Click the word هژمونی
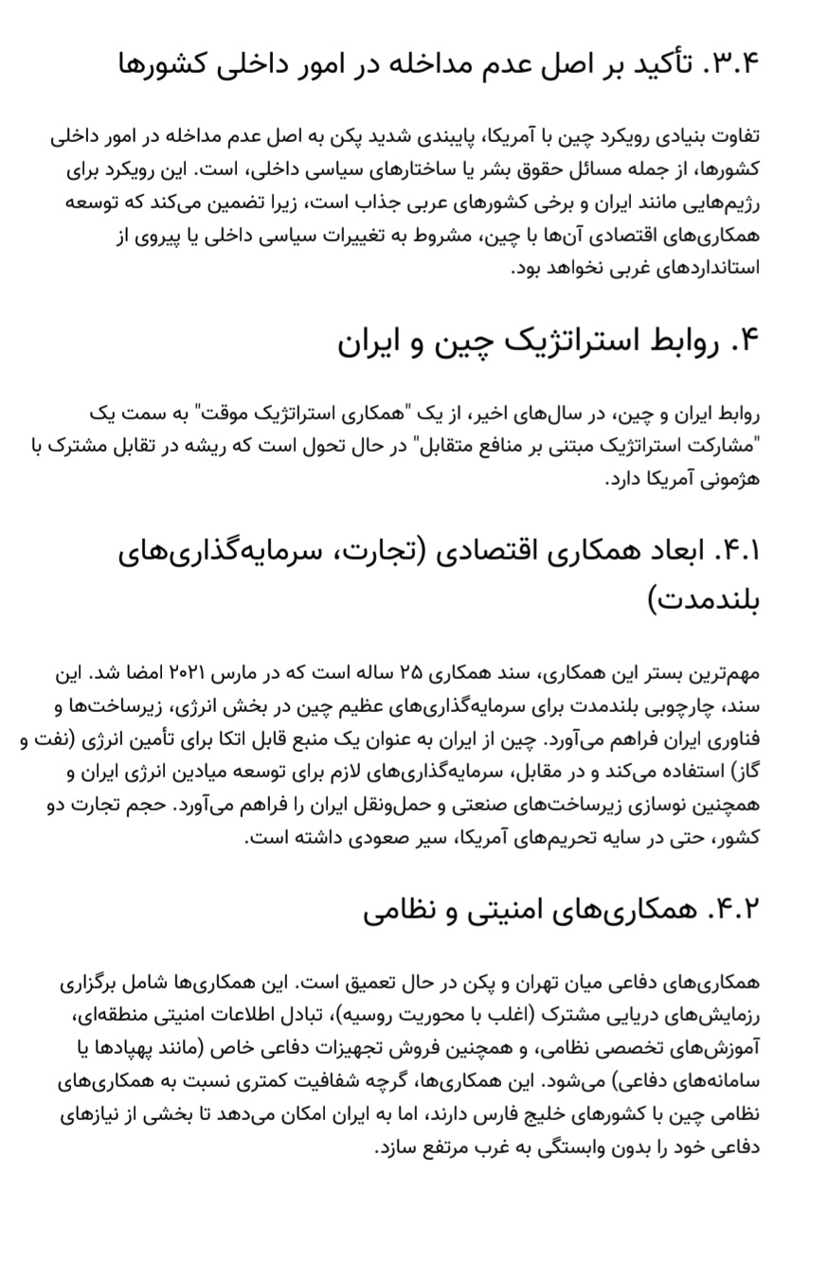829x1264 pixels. coord(727,479)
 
